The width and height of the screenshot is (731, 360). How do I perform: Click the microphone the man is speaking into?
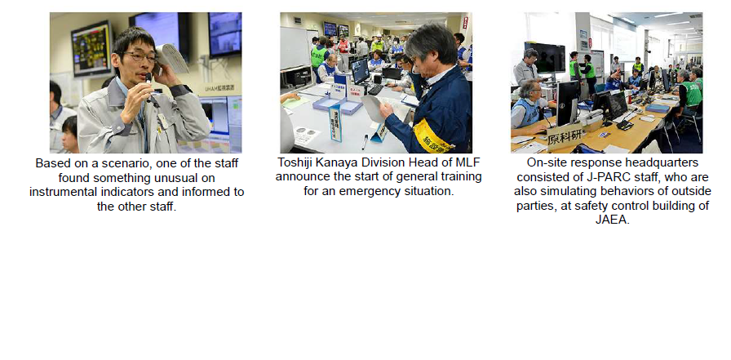[149, 87]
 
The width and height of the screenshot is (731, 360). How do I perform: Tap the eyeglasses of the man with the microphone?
[140, 57]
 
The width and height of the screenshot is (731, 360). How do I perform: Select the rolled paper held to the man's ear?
[171, 59]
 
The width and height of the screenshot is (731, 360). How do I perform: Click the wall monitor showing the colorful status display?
[91, 48]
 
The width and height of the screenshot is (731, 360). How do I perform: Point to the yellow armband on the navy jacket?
[433, 136]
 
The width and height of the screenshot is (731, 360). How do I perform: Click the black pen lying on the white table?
[365, 142]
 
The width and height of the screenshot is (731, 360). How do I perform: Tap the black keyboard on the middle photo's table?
[375, 90]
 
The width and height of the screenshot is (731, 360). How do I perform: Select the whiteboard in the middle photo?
[295, 48]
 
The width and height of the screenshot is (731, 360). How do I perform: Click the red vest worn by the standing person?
[343, 46]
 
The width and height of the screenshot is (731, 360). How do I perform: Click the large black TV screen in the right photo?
[544, 57]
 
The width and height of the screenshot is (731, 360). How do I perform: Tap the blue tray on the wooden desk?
[658, 109]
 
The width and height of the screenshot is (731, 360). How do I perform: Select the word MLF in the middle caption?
[467, 162]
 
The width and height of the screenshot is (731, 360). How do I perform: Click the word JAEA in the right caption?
[612, 220]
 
